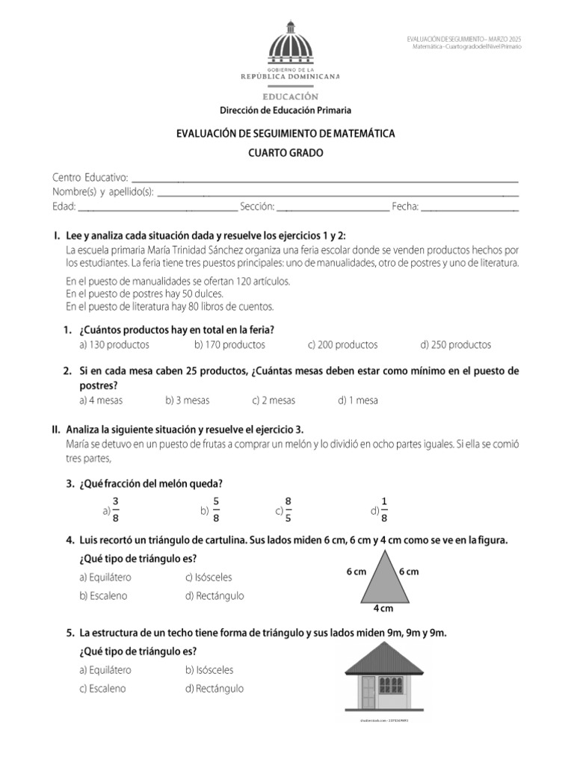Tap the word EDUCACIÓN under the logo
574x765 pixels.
(290, 96)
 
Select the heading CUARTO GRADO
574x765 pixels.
(285, 152)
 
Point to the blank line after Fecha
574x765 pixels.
(470, 209)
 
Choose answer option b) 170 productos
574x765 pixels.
(229, 345)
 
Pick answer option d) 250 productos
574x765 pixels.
(455, 345)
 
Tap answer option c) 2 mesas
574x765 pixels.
(274, 400)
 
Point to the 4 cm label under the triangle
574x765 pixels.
(383, 608)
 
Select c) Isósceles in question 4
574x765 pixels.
(209, 577)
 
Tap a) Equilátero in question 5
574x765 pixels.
(105, 670)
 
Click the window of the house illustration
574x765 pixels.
(392, 685)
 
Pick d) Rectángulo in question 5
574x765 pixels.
(214, 689)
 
